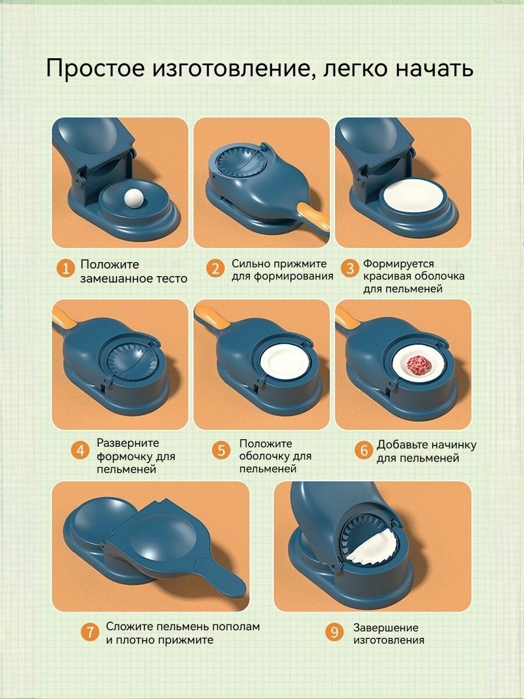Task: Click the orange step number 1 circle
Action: (66, 269)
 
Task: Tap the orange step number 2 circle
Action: (215, 269)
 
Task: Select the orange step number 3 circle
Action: (350, 269)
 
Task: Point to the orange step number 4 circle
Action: (80, 450)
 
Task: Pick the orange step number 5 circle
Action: (221, 450)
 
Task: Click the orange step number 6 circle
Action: (364, 450)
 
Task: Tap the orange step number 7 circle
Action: (90, 631)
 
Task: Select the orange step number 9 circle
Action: (334, 631)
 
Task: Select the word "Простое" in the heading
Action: (95, 69)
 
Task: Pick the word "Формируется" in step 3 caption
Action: (399, 264)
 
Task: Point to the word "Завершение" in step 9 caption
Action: (386, 627)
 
